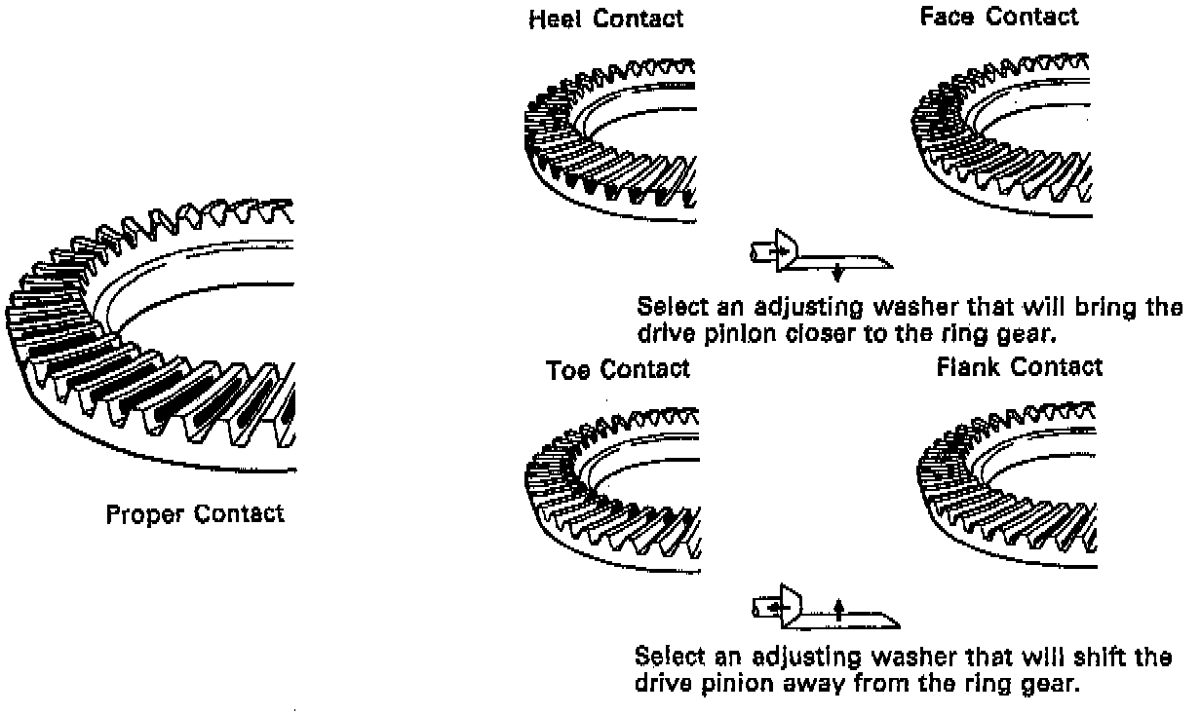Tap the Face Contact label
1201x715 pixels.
999,17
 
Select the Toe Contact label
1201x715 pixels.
618,370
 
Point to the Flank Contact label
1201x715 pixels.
1019,367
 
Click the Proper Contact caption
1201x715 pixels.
195,513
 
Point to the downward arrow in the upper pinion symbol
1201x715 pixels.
836,272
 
